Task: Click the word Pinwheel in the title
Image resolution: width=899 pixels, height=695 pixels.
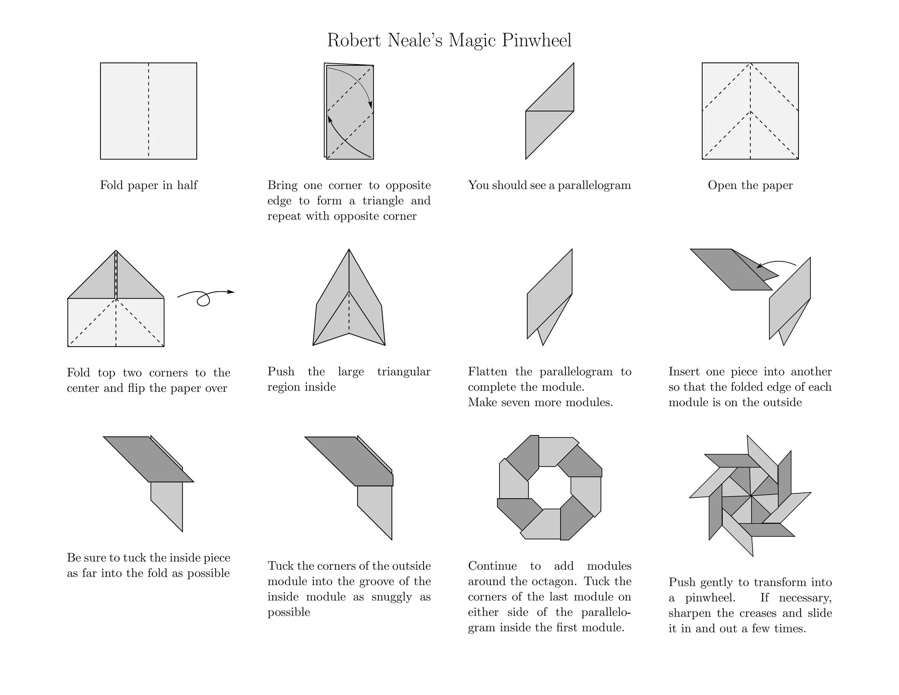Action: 537,40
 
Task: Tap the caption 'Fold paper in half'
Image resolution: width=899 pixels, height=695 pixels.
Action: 148,185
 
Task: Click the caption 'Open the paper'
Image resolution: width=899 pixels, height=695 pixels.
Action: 750,185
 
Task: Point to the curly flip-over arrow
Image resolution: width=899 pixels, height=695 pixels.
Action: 205,297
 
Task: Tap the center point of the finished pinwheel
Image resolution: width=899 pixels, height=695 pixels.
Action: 751,496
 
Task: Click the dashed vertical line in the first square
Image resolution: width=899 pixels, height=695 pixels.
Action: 148,110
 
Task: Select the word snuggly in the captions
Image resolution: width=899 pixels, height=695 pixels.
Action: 392,597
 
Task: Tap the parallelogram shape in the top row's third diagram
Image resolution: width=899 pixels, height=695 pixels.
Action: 550,111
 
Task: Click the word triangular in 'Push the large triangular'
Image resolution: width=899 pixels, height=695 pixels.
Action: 403,372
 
